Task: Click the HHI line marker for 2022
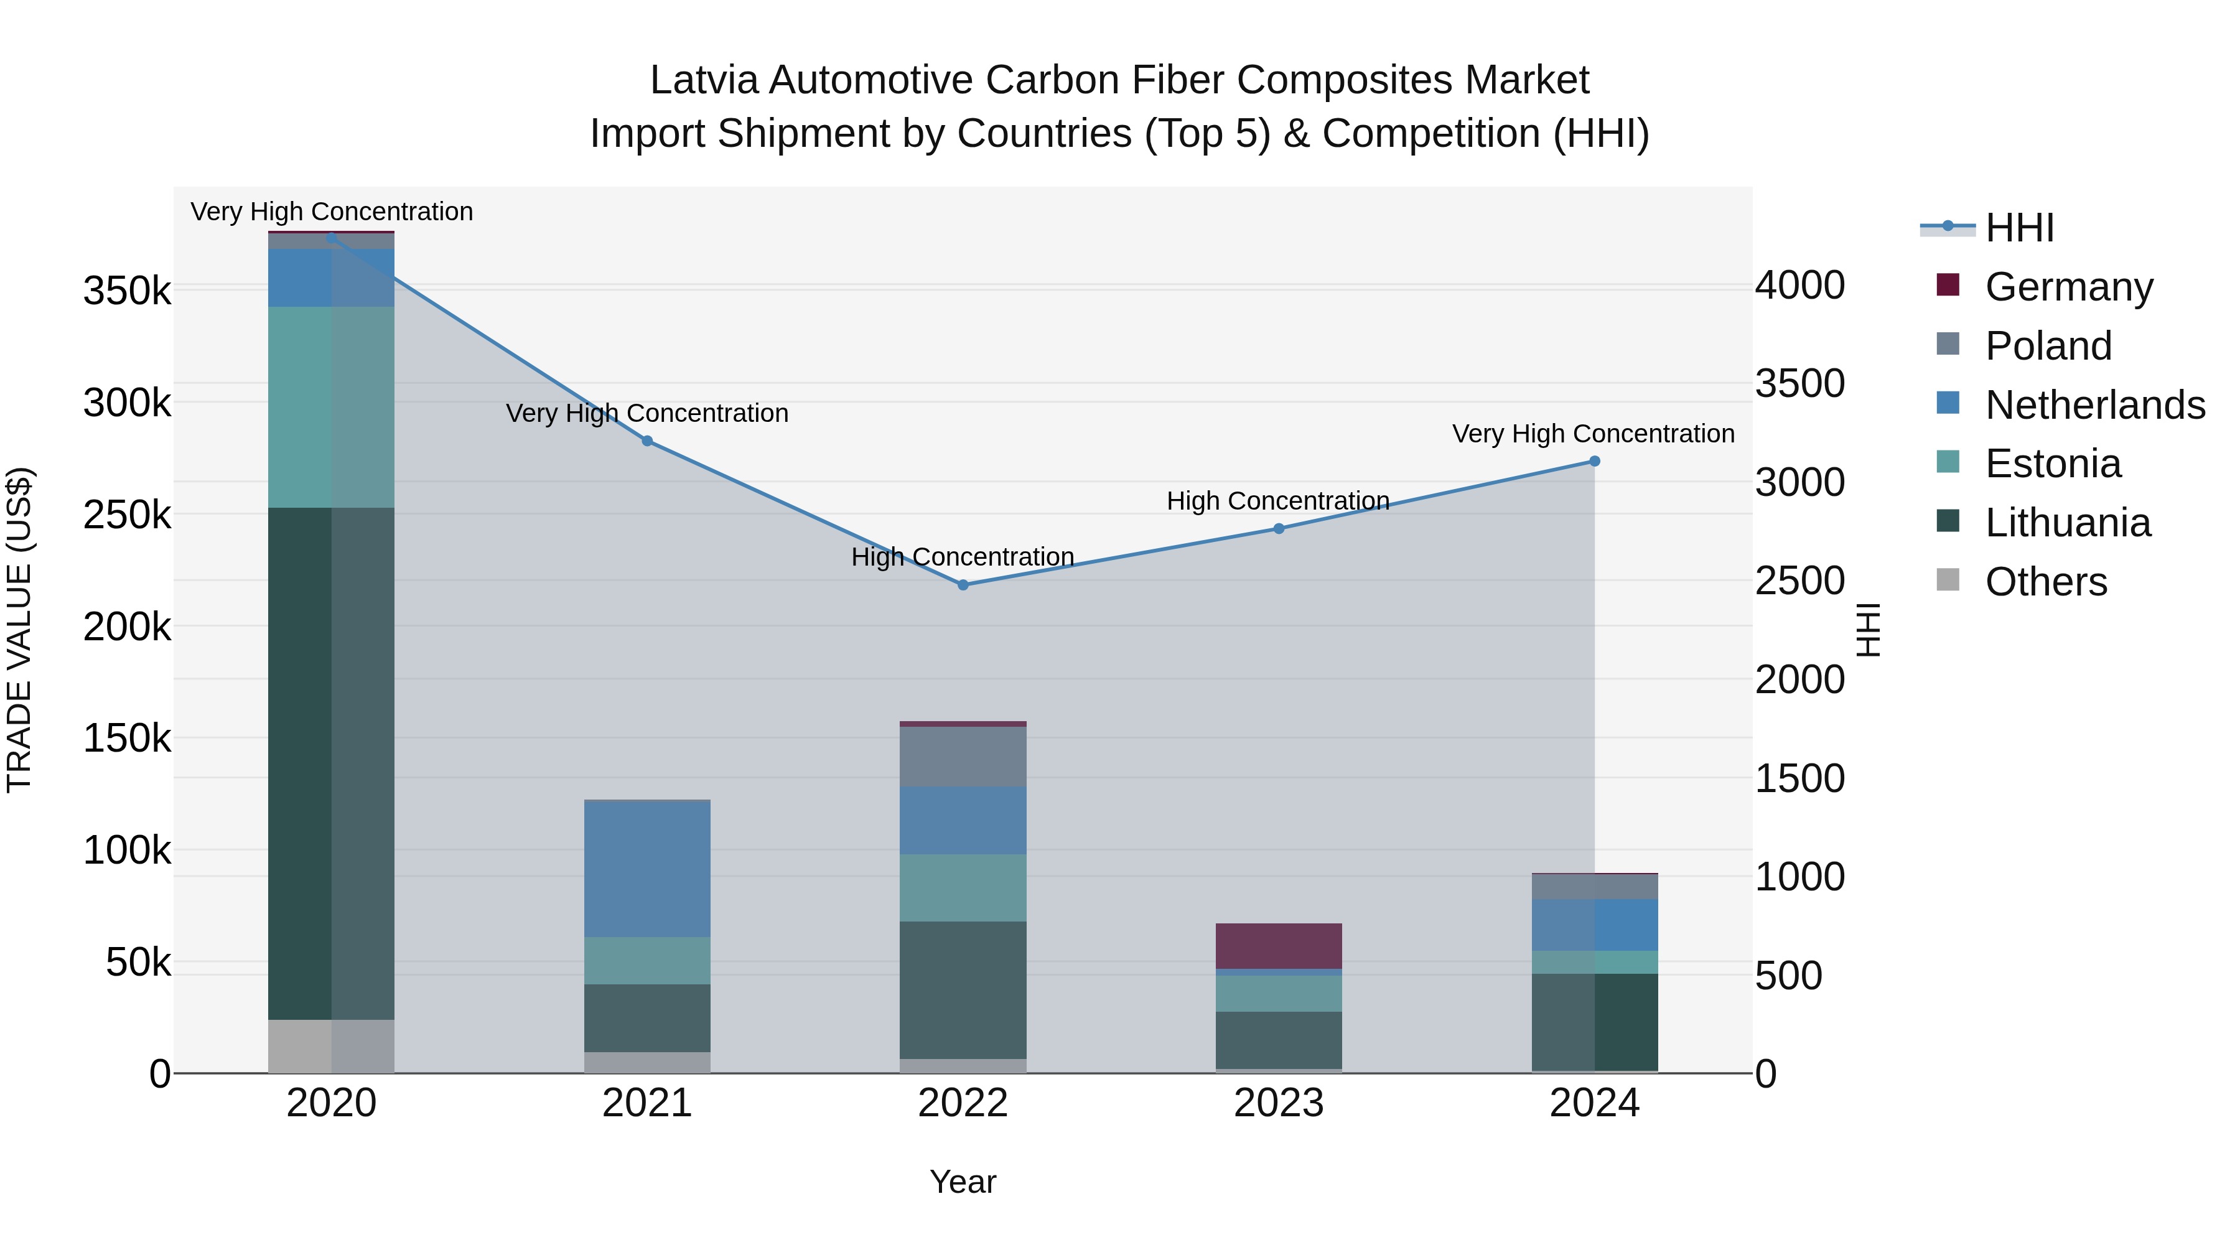tap(963, 586)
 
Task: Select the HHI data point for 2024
tap(1594, 462)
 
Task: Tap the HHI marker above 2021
tap(647, 442)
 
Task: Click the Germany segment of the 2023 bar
tap(1278, 946)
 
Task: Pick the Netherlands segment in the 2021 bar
tap(647, 868)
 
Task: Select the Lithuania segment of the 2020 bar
tap(330, 763)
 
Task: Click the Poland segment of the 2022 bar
tap(963, 757)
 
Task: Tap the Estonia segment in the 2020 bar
tap(330, 407)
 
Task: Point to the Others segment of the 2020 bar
tap(330, 1046)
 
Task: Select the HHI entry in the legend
tap(2019, 228)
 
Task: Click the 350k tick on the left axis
tap(127, 291)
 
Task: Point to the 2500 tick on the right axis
tap(1799, 581)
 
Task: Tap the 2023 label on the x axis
tap(1278, 1103)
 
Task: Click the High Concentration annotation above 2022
tap(963, 556)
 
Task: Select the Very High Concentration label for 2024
tap(1593, 433)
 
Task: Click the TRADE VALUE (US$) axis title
tap(19, 630)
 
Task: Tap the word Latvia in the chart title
tap(704, 80)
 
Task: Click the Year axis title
tap(963, 1182)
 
